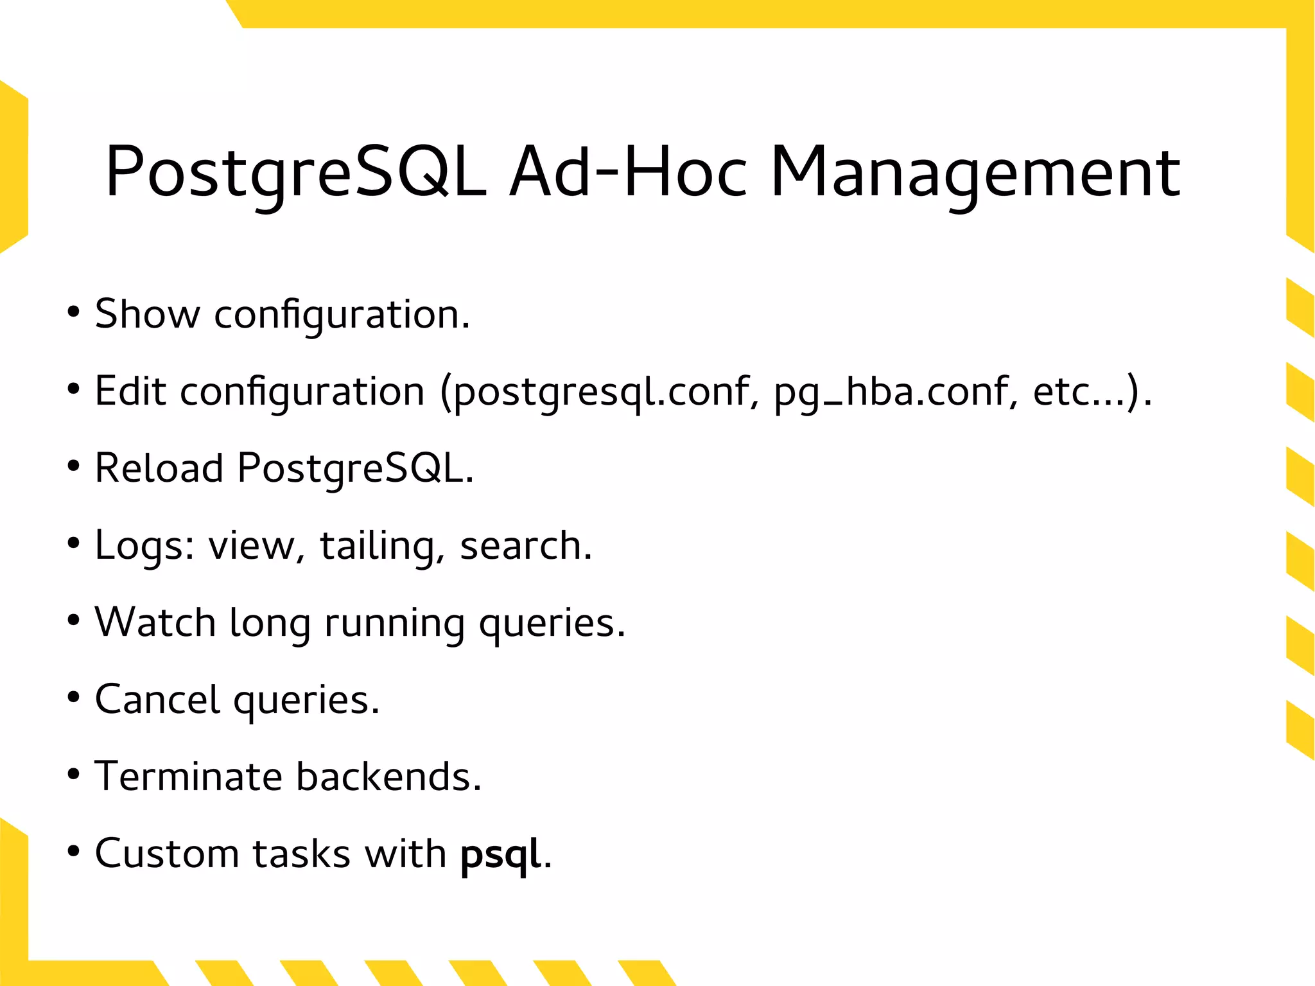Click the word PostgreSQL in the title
[295, 172]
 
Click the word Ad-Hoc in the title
[628, 172]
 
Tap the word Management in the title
[975, 172]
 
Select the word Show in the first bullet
[147, 314]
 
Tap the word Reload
[159, 468]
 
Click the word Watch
[155, 622]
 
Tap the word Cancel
[157, 699]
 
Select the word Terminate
[188, 776]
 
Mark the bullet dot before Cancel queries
[73, 698]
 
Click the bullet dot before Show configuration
[73, 313]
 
